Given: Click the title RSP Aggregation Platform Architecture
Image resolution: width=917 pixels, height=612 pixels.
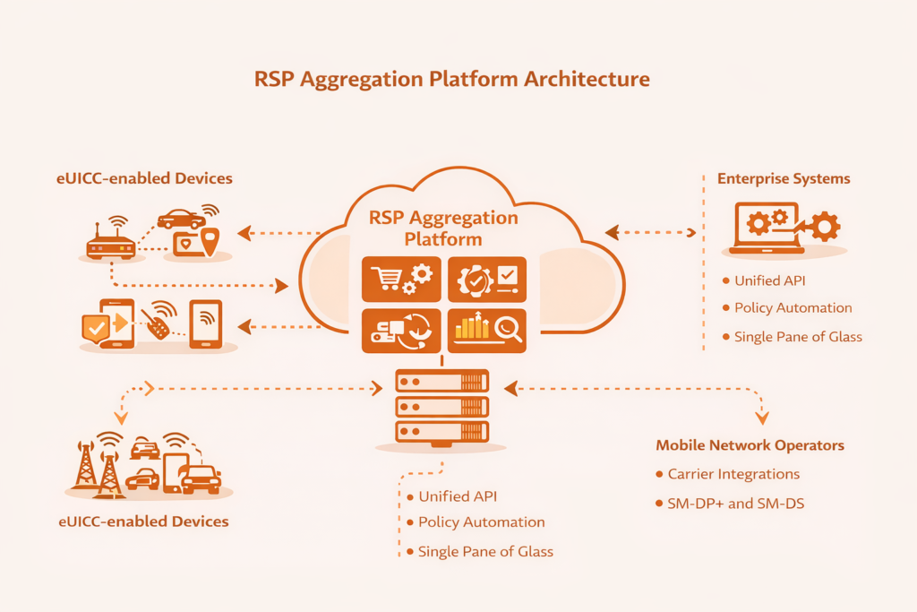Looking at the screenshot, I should (452, 79).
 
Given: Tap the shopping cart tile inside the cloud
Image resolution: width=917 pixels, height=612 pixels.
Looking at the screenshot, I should (400, 279).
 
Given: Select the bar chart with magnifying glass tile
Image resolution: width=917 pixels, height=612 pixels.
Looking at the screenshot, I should (486, 330).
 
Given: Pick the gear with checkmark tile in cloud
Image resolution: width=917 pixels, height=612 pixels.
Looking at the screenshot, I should (486, 279).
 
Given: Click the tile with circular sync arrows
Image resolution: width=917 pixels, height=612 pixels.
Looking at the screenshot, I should (400, 330).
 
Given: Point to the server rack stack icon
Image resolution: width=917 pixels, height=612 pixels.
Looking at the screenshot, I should (441, 407).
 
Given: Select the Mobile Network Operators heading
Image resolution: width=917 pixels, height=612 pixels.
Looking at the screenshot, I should (750, 445).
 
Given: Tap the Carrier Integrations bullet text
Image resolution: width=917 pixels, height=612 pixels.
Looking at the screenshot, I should (733, 474).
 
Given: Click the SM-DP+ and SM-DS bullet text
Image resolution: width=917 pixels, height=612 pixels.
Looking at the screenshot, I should (735, 504).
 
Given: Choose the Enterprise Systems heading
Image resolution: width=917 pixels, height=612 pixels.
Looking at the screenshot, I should (784, 178).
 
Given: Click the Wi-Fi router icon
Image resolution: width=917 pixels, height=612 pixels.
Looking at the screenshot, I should (111, 239).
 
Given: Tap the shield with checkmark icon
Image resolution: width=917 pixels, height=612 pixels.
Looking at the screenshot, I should (95, 328).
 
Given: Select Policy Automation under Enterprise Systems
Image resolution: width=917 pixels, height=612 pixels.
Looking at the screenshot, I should (793, 307).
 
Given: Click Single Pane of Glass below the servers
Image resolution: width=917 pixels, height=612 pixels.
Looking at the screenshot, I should (485, 552).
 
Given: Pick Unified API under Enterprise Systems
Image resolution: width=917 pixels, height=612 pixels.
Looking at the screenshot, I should (769, 280).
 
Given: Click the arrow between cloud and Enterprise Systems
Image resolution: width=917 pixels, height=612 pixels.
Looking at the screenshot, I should (651, 233).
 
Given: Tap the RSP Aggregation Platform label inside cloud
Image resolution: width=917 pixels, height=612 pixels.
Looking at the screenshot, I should (442, 228).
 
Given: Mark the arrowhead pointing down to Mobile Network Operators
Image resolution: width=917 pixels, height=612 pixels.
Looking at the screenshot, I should (762, 418).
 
